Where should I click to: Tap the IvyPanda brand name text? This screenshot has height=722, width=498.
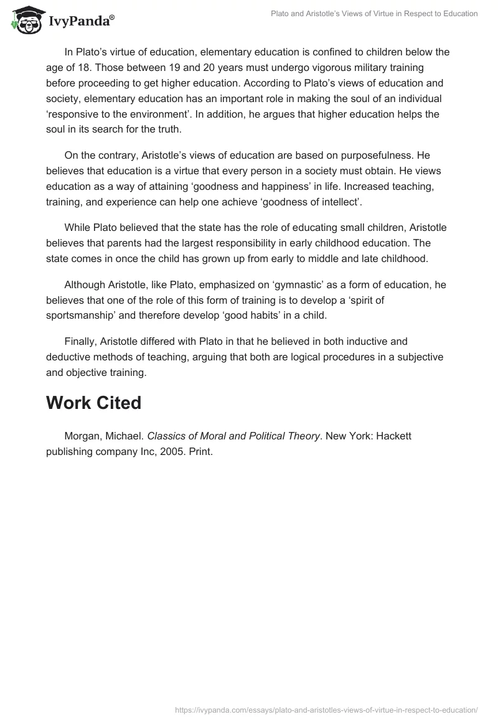click(81, 22)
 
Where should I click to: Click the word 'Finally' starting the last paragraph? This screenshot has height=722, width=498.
click(82, 341)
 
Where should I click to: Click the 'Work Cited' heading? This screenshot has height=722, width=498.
click(94, 403)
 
